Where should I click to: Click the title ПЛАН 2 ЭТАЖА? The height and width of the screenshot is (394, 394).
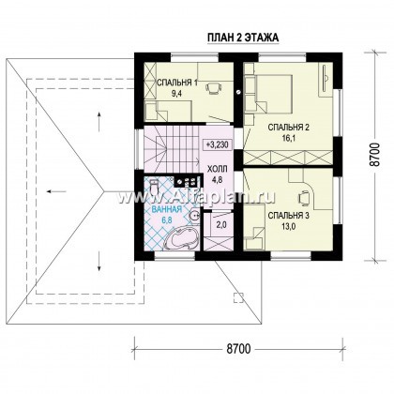pos(243,38)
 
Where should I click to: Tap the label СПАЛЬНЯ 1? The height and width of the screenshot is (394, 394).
pos(176,83)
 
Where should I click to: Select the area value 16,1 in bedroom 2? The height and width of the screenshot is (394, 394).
pos(290,138)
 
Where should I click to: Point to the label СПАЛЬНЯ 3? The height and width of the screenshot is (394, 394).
pos(289,216)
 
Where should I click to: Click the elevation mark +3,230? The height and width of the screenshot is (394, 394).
pos(218,144)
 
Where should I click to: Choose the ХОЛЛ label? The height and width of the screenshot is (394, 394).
pos(218,169)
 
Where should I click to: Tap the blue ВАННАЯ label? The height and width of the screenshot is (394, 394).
pos(166,210)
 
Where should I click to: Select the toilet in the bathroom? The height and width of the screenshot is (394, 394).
pos(154,186)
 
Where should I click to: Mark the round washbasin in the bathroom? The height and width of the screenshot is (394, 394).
pos(195,216)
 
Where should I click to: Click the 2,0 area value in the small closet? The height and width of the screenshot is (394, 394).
pos(221,225)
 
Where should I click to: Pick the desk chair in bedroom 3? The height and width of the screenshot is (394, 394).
pos(304,197)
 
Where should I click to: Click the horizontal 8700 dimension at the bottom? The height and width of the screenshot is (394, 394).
pos(238,348)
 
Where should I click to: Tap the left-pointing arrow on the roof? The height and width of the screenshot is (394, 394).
pos(56,191)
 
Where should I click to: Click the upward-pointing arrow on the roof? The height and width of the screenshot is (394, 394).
pos(99,122)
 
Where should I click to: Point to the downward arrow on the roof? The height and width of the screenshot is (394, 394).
pos(99,261)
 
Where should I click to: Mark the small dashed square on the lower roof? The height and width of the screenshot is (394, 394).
pos(238,297)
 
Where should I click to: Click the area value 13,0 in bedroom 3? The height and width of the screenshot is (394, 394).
pos(289,227)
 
